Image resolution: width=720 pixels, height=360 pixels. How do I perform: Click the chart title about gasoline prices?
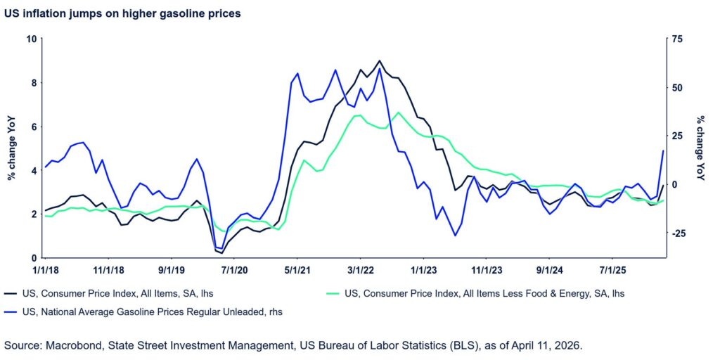click(123, 13)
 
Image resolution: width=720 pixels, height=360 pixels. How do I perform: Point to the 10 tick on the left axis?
click(32, 39)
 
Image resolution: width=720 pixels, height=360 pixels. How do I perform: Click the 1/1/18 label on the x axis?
click(46, 269)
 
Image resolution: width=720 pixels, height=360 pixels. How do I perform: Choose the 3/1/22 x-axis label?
click(360, 269)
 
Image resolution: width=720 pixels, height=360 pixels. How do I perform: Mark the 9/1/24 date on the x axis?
click(551, 269)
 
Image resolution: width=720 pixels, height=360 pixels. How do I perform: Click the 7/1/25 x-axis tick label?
click(613, 269)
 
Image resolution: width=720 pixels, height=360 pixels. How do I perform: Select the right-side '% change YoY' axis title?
click(700, 148)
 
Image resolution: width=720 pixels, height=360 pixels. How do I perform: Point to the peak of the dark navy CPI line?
click(380, 60)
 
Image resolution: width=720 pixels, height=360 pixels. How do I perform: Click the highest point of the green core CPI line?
click(399, 112)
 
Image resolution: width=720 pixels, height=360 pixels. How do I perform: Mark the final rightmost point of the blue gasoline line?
click(663, 150)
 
